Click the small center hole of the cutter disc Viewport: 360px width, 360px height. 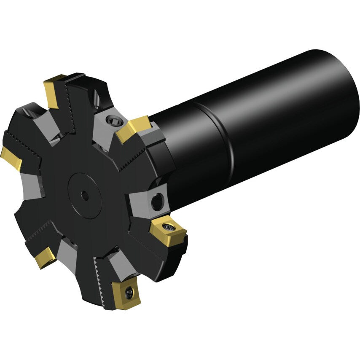(85, 195)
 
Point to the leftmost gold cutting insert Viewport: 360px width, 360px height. (11, 158)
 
